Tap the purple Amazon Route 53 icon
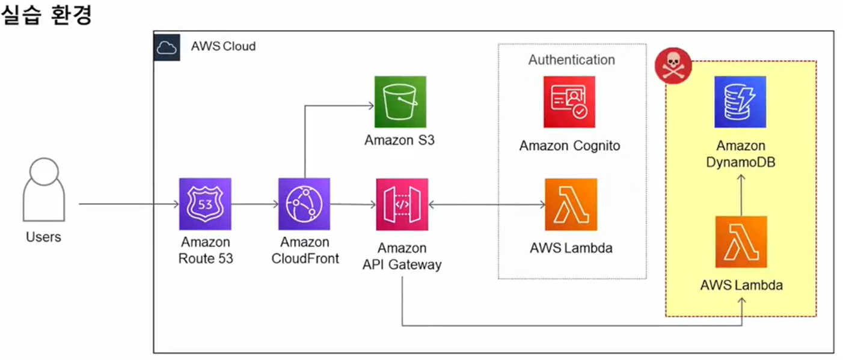[x=205, y=204]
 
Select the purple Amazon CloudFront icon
[x=304, y=204]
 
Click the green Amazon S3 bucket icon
[x=400, y=101]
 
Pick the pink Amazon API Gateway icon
[x=402, y=204]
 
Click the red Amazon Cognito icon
[x=569, y=102]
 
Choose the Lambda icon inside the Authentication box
[x=571, y=204]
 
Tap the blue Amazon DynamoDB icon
[x=740, y=102]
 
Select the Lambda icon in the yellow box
[x=741, y=242]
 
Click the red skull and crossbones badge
[x=673, y=66]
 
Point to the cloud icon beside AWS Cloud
[x=167, y=47]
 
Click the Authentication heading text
[x=571, y=60]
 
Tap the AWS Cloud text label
[x=223, y=46]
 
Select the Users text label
[x=43, y=237]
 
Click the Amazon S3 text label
[x=399, y=141]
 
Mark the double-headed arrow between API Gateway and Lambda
[x=487, y=204]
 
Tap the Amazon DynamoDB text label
[x=741, y=153]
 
